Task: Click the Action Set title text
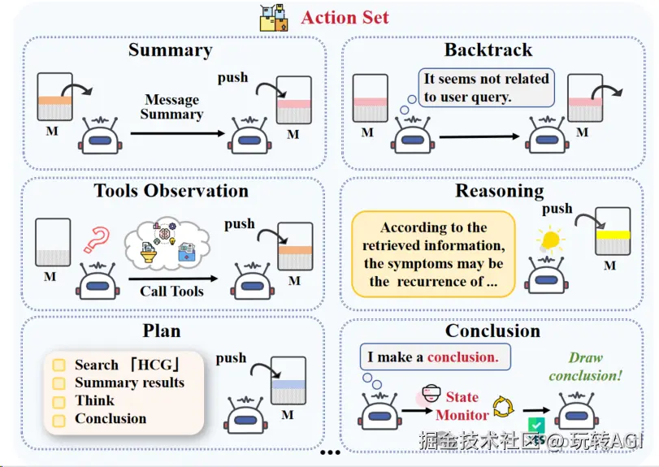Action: [x=345, y=17]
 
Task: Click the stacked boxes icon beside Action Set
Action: [x=274, y=17]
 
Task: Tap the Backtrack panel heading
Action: [x=488, y=50]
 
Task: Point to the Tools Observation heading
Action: [x=171, y=191]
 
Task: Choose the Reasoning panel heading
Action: [x=499, y=191]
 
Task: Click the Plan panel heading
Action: [x=162, y=331]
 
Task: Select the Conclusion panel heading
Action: [x=492, y=331]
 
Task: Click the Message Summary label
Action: [x=171, y=107]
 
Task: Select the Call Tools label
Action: [x=171, y=291]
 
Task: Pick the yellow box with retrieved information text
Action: [x=433, y=254]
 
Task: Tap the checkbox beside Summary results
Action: [x=59, y=383]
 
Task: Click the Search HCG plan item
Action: [x=127, y=365]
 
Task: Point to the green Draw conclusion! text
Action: [x=584, y=366]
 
